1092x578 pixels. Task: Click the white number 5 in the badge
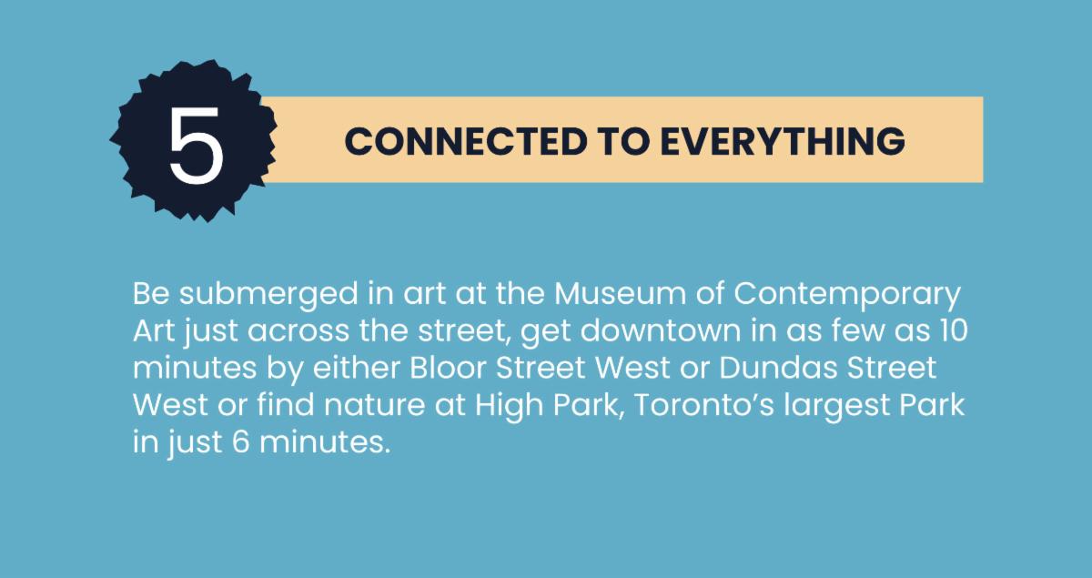pos(196,145)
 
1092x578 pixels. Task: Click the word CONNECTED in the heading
pos(466,141)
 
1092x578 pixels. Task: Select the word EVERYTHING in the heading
pos(783,141)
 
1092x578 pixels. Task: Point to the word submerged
pos(268,295)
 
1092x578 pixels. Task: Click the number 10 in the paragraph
pos(952,330)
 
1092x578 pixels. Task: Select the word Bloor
pos(448,368)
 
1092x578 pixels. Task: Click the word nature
pos(374,405)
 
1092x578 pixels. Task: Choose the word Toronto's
pos(704,405)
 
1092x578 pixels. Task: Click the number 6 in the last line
pos(241,441)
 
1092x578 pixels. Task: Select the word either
pos(357,368)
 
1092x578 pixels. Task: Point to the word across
pos(298,331)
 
